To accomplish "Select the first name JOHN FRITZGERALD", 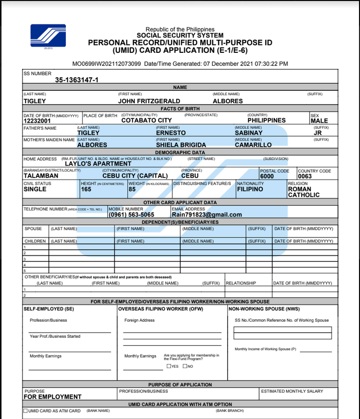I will pyautogui.click(x=149, y=101).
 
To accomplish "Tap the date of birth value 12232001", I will pyautogui.click(x=37, y=121).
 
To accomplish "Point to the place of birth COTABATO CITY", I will pyautogui.click(x=146, y=120).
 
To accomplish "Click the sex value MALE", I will pyautogui.click(x=319, y=121).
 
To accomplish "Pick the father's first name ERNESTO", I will pyautogui.click(x=171, y=133).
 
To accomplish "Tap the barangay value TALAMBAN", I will pyautogui.click(x=41, y=176).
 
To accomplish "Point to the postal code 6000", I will pyautogui.click(x=267, y=177).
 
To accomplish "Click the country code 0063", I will pyautogui.click(x=305, y=177).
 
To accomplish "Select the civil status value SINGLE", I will pyautogui.click(x=35, y=190).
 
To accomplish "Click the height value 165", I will pyautogui.click(x=86, y=190).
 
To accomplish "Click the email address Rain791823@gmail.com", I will pyautogui.click(x=207, y=215).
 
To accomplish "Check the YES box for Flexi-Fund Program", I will pyautogui.click(x=169, y=366).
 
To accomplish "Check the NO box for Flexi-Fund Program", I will pyautogui.click(x=185, y=366).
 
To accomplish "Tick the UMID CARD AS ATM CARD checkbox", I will pyautogui.click(x=25, y=411).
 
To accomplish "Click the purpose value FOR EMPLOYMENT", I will pyautogui.click(x=52, y=397).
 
